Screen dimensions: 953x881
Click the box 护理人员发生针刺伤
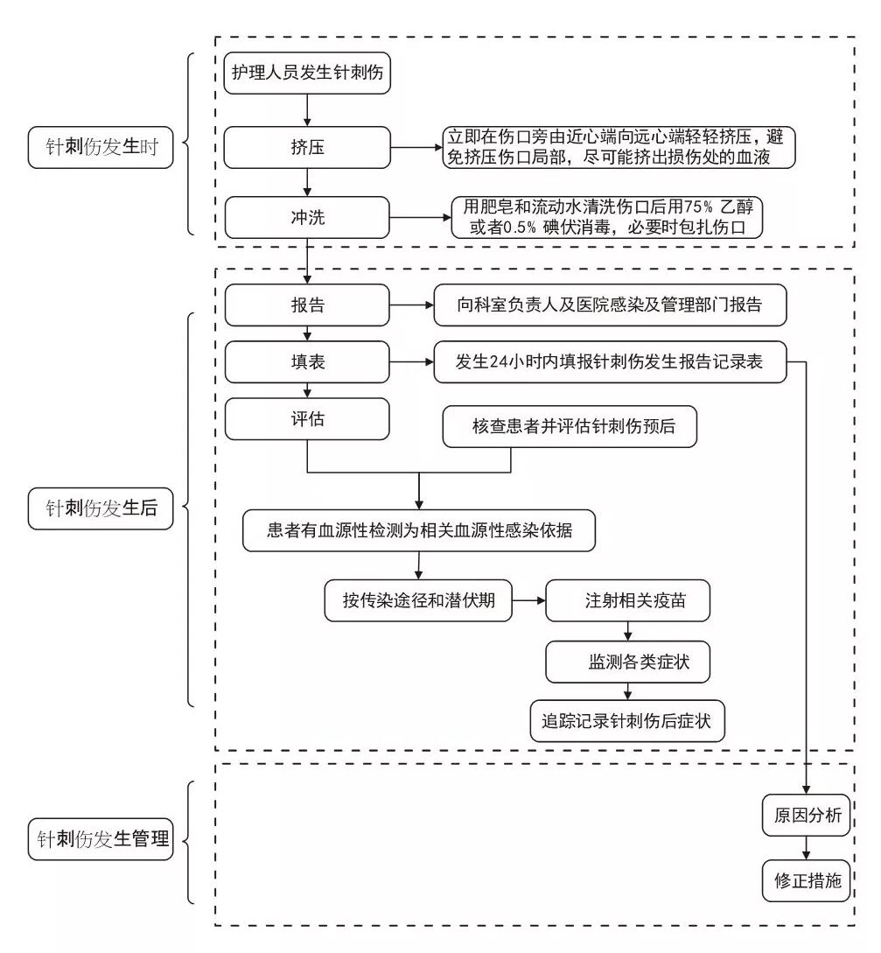pyautogui.click(x=306, y=74)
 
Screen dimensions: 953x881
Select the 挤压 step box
pyautogui.click(x=306, y=147)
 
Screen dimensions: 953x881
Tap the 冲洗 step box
pyautogui.click(x=306, y=216)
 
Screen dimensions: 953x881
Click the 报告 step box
pyautogui.click(x=306, y=306)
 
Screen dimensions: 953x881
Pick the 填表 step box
pyautogui.click(x=306, y=362)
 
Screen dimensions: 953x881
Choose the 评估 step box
pyautogui.click(x=306, y=418)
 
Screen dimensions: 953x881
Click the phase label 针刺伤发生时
pyautogui.click(x=101, y=147)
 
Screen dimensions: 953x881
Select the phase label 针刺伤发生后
pyautogui.click(x=101, y=508)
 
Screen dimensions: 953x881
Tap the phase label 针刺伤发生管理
pyautogui.click(x=101, y=838)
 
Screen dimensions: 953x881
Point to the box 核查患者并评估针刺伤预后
pyautogui.click(x=573, y=427)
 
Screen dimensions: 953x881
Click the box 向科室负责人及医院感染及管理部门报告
pyautogui.click(x=610, y=306)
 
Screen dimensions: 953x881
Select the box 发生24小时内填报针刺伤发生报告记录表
pyautogui.click(x=610, y=362)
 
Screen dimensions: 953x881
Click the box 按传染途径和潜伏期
pyautogui.click(x=418, y=601)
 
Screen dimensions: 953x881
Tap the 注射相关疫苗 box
pyautogui.click(x=627, y=601)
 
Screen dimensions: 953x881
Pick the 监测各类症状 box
pyautogui.click(x=627, y=661)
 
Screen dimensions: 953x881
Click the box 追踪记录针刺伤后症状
pyautogui.click(x=627, y=721)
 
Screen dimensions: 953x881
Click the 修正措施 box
pyautogui.click(x=807, y=880)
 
